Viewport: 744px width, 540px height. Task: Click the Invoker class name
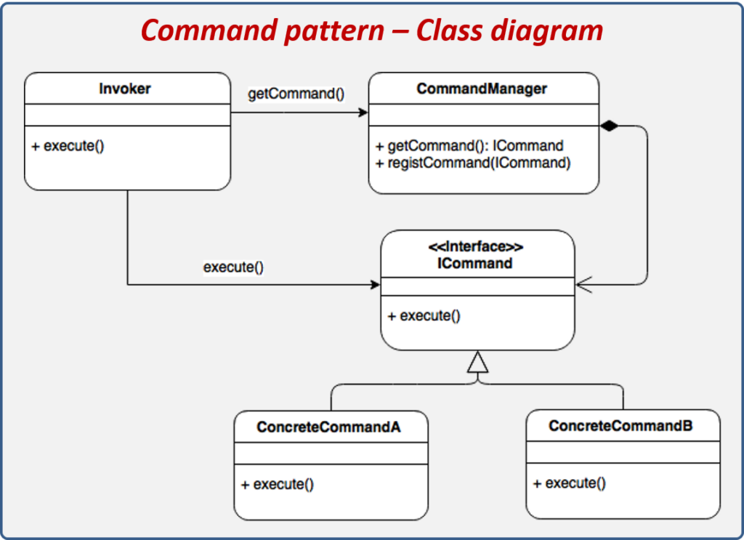click(x=125, y=89)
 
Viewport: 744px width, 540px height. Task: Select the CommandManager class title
click(x=482, y=89)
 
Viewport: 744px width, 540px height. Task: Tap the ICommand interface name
click(x=475, y=263)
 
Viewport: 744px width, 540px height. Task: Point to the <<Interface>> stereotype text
click(x=475, y=247)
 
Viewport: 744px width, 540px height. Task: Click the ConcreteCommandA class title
click(x=329, y=427)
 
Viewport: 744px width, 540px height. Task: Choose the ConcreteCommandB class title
click(x=620, y=426)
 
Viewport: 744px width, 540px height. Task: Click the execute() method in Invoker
click(x=68, y=145)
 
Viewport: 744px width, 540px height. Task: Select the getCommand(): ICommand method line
click(x=469, y=145)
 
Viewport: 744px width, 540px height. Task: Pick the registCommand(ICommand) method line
click(x=473, y=163)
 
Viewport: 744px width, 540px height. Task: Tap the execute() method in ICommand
click(x=424, y=315)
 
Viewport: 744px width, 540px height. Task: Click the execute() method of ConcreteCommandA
click(x=278, y=484)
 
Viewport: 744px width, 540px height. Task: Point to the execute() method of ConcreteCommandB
click(x=570, y=483)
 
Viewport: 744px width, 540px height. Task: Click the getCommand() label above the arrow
click(x=296, y=94)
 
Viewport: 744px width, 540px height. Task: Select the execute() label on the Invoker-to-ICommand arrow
click(x=233, y=267)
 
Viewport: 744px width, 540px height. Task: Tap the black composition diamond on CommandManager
click(x=610, y=126)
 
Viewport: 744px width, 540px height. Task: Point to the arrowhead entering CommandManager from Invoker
click(x=363, y=113)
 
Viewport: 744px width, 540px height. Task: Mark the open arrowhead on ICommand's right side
click(x=583, y=284)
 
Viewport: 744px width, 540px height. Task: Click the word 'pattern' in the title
click(x=334, y=31)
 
